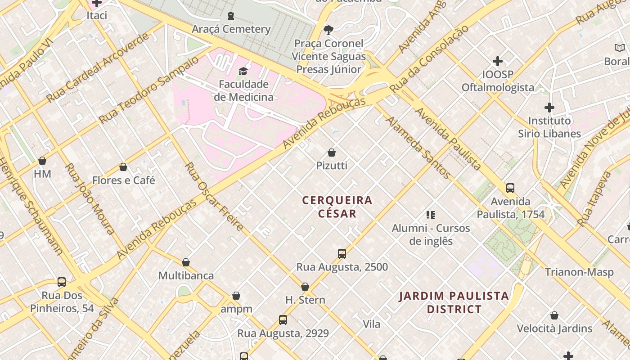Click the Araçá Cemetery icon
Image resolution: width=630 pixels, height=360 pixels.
231,16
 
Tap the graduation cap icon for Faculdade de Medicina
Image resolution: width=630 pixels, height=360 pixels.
243,71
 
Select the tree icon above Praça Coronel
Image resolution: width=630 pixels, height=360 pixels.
328,30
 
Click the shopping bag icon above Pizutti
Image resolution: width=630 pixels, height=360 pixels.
332,153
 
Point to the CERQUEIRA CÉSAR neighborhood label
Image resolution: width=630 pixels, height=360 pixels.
337,207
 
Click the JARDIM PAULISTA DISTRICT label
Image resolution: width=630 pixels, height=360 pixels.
454,302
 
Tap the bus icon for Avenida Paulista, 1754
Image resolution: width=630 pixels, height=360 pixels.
510,188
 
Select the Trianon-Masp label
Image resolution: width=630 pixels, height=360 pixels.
579,272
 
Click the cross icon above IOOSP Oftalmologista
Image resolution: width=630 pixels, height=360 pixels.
498,61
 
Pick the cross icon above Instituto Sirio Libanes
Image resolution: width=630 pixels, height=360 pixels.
549,108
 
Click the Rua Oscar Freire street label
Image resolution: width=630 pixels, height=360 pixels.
214,197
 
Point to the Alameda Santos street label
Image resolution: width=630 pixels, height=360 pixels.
418,147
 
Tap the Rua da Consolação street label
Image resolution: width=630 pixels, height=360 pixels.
429,59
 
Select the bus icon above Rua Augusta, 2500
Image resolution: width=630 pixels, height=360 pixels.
342,254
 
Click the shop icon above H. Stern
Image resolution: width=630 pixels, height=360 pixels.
305,287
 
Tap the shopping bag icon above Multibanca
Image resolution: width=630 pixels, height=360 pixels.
186,262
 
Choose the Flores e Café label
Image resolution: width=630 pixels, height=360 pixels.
123,180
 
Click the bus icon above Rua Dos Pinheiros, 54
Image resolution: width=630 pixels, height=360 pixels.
62,282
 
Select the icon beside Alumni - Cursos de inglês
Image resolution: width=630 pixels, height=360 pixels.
431,215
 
